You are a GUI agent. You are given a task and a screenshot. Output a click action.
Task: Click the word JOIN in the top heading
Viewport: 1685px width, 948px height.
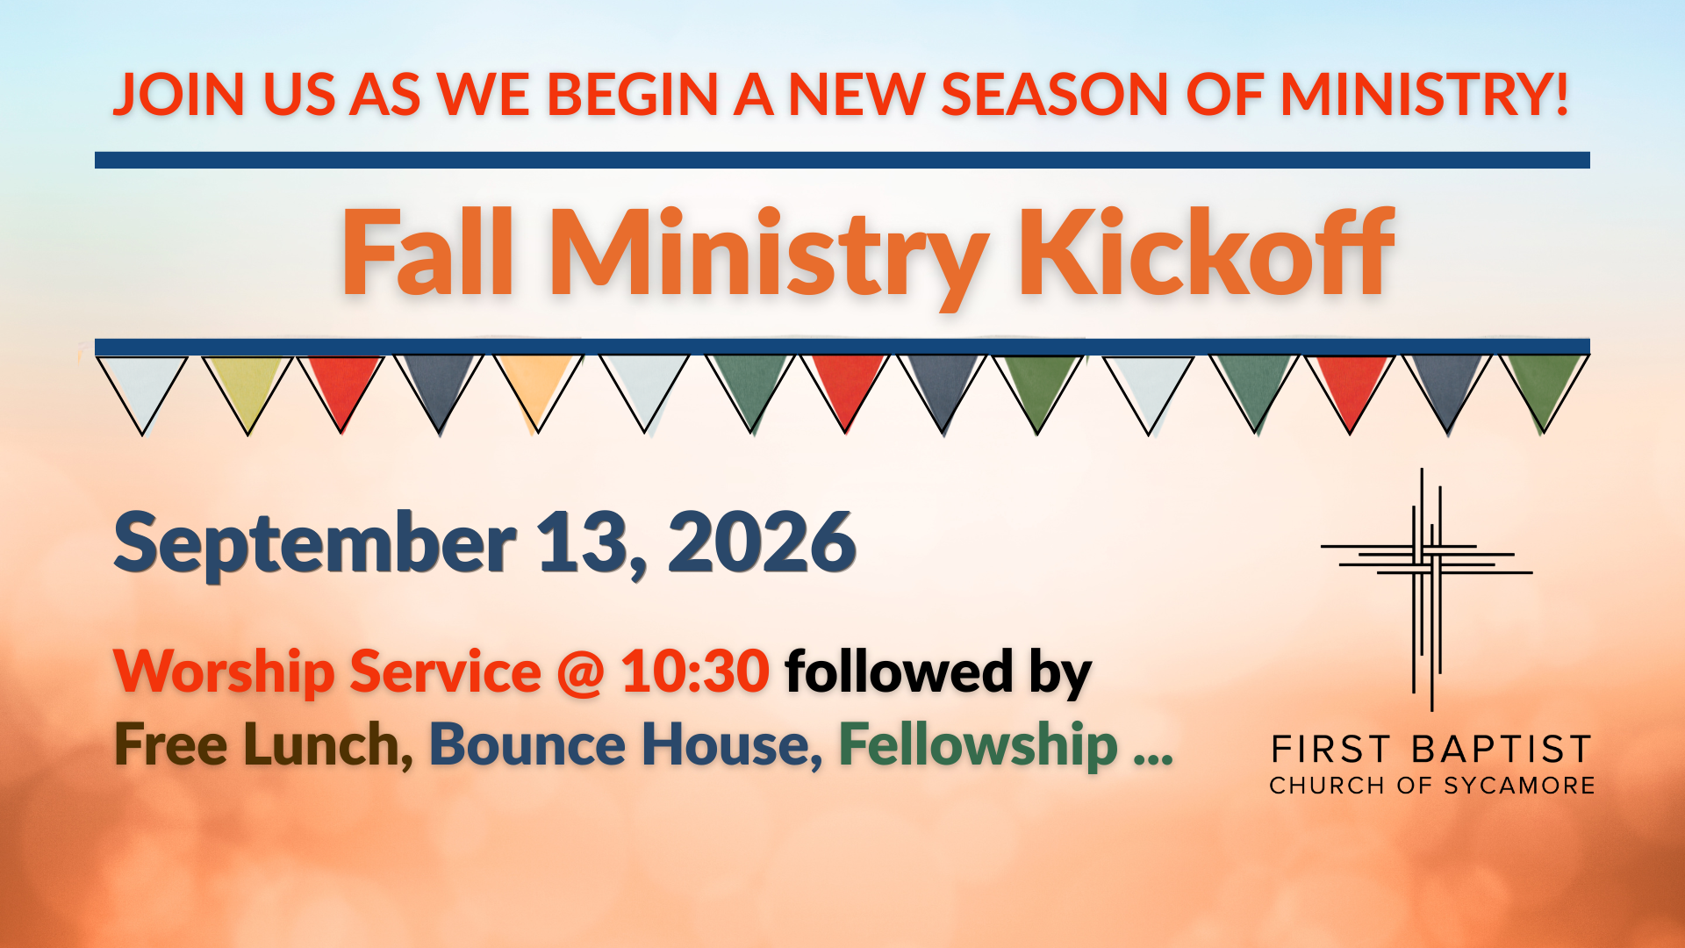point(179,95)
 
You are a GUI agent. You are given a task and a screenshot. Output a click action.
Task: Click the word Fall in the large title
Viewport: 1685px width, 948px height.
point(427,252)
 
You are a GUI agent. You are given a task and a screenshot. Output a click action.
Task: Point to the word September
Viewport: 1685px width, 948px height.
point(315,545)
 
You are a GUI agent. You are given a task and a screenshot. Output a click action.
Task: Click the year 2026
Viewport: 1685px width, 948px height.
point(762,542)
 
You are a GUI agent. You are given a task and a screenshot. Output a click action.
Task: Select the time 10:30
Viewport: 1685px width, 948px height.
point(695,671)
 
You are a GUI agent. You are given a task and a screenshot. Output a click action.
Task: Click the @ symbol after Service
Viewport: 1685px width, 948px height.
point(580,673)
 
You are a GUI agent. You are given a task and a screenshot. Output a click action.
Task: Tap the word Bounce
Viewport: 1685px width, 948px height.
point(527,745)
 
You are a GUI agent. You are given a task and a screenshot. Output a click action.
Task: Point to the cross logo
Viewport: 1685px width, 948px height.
point(1427,589)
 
